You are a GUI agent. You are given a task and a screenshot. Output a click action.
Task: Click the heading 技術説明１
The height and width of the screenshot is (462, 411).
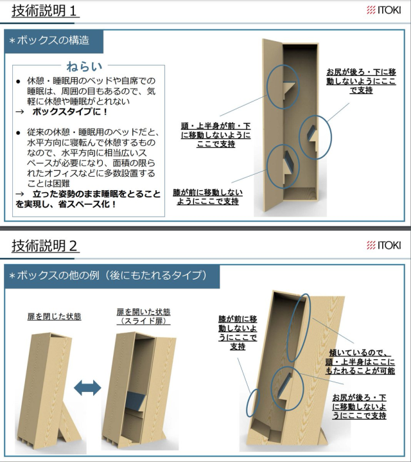coord(44,11)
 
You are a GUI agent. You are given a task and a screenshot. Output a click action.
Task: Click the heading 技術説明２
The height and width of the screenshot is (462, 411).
coord(45,245)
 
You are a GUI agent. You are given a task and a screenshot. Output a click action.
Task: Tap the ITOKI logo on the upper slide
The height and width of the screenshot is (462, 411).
coord(383,10)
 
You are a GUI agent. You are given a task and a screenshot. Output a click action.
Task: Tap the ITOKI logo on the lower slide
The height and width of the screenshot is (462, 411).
coord(383,245)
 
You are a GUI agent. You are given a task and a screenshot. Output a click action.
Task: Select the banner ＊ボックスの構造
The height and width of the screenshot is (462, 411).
coord(53,41)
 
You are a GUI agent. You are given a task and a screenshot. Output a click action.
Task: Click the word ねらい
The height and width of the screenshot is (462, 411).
coord(84,66)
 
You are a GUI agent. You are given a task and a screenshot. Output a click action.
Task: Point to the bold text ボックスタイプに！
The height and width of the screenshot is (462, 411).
coord(70,112)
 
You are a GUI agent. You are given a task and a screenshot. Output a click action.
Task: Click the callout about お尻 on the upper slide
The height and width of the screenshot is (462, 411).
coord(361,81)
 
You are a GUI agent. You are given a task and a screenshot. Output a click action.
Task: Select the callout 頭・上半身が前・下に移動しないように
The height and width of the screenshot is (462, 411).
coord(216,135)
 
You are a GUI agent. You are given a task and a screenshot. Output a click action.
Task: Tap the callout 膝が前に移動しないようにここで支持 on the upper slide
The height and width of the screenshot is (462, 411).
coord(208,197)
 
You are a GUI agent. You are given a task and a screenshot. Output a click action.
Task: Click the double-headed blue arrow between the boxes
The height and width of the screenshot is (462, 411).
coord(87,387)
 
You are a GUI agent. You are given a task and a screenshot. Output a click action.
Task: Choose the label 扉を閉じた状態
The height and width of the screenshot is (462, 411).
coord(54,316)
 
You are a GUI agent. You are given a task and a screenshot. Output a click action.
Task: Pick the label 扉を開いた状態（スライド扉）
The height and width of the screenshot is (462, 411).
coord(144,316)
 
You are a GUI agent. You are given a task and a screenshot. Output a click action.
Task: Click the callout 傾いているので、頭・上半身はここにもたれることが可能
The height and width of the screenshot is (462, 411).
coord(360,362)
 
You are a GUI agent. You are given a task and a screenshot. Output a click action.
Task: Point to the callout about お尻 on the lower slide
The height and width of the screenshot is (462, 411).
coord(359,407)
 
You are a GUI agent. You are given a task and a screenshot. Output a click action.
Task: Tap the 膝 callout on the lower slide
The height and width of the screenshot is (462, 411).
coord(238,333)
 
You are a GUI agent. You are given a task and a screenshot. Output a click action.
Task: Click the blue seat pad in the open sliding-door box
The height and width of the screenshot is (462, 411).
coord(136,402)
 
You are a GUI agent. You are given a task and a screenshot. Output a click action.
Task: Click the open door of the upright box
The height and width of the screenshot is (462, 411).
coord(272,125)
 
